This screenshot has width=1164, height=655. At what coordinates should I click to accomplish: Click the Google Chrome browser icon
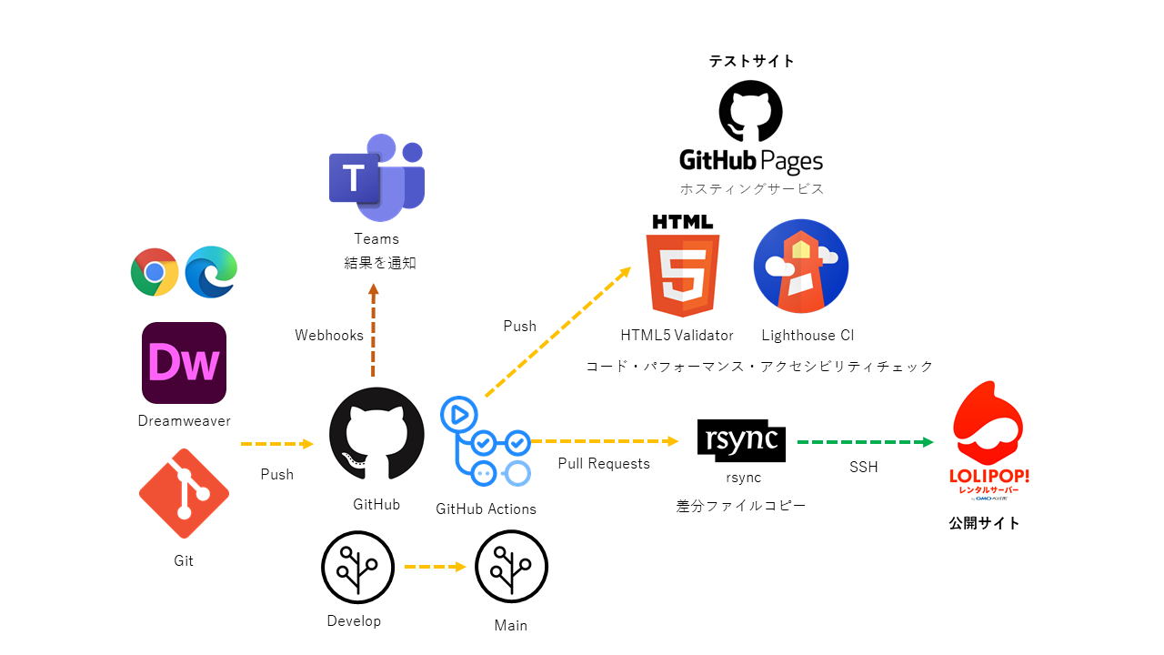[155, 272]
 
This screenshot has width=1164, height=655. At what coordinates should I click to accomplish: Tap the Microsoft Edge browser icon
[211, 272]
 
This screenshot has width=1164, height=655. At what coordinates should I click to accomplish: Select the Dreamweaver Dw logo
[184, 363]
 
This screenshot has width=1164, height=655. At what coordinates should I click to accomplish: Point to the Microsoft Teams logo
[376, 178]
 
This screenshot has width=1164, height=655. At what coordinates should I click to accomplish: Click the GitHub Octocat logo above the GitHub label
[376, 435]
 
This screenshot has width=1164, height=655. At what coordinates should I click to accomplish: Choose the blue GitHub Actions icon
[486, 442]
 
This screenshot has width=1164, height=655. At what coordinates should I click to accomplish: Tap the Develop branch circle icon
[357, 568]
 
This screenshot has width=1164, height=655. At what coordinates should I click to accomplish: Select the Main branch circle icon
[511, 568]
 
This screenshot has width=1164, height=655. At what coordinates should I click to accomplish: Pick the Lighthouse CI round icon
[801, 267]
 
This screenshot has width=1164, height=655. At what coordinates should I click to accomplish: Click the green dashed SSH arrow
[865, 442]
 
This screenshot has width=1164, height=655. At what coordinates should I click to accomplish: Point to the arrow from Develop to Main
[435, 567]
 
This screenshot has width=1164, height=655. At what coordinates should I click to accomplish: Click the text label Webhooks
[329, 336]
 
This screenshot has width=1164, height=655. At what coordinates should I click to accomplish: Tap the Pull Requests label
[604, 464]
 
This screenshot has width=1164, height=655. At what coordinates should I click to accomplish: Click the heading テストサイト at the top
[752, 61]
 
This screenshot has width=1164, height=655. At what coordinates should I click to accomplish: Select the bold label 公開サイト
[984, 523]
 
